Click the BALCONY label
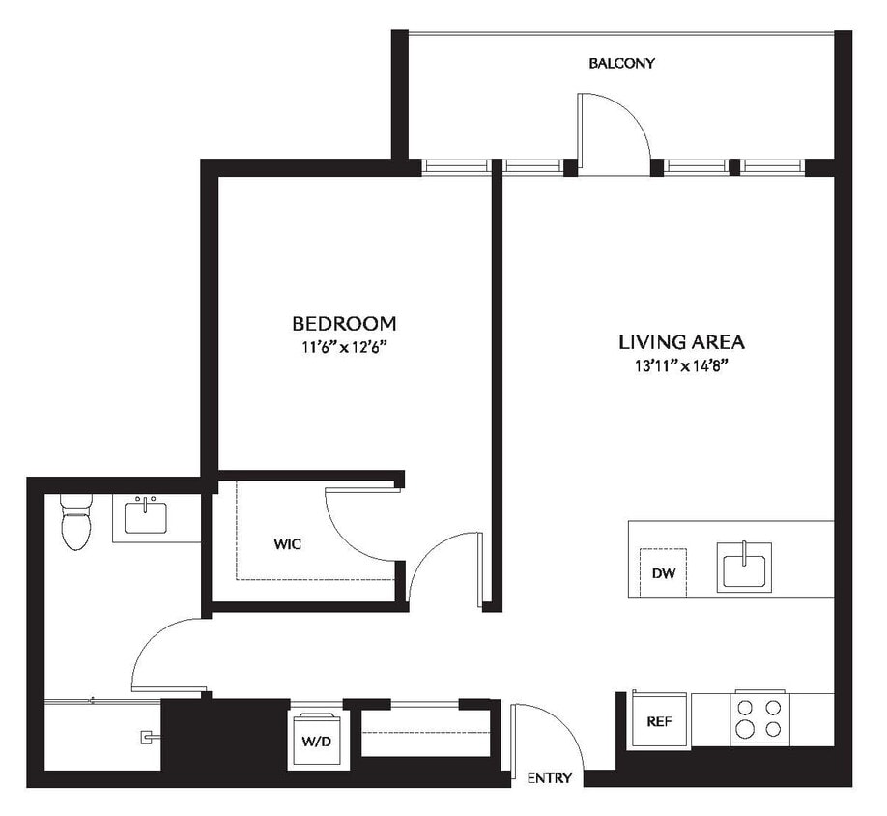[x=622, y=64]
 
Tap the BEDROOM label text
[x=344, y=323]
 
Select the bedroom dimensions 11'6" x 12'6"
[x=344, y=347]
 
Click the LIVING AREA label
[x=681, y=341]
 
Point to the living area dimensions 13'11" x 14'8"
[x=681, y=365]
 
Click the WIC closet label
[x=287, y=544]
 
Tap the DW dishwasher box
[x=662, y=572]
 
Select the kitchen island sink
[x=744, y=567]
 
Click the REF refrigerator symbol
[x=660, y=720]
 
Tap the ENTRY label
[x=549, y=778]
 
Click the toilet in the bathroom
[x=75, y=522]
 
